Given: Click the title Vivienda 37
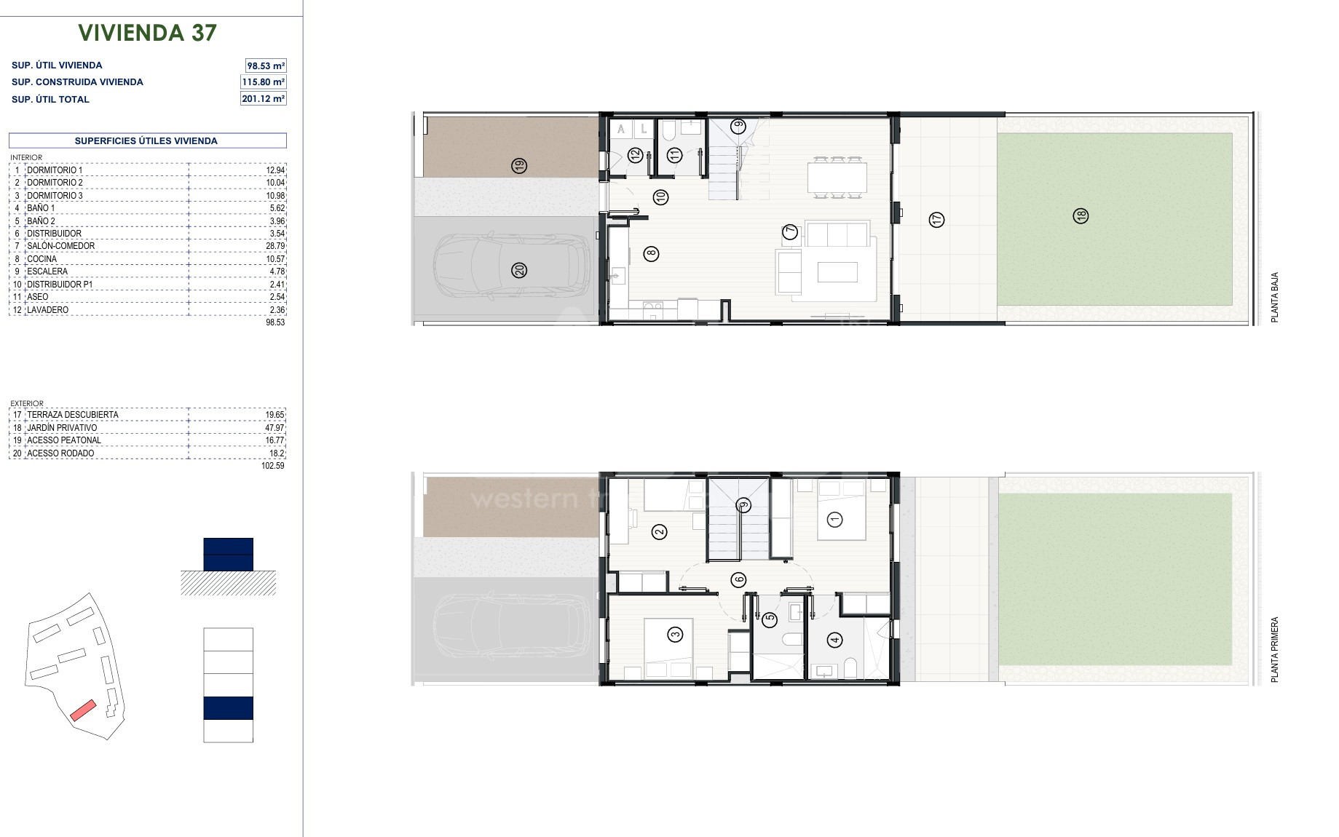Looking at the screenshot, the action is pos(148,33).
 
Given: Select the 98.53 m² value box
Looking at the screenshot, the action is pos(266,66).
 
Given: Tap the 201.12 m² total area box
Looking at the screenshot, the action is pos(264,98).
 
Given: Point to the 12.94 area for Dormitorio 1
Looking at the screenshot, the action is pos(275,170).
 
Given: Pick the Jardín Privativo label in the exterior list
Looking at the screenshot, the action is pos(62,428).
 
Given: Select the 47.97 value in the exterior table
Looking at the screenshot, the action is pos(275,428).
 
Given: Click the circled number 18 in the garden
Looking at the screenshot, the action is pos(1081,215).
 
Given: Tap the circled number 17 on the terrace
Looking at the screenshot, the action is pos(937,218).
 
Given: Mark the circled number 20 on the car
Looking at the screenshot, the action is pos(519,270).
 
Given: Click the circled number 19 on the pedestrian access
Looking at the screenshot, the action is pos(519,165).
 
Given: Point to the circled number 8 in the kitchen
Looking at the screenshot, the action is pos(651,253).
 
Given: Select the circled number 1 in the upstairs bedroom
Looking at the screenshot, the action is pos(834,519).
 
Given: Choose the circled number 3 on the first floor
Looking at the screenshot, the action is pos(675,635).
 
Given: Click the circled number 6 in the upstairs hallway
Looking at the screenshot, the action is pos(738,580).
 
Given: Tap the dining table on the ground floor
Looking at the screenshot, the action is pos(837,178).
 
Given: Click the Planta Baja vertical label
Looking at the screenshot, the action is pos(1274,298).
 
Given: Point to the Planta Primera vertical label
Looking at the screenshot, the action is pos(1274,650).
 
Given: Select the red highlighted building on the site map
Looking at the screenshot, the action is pos(83,710).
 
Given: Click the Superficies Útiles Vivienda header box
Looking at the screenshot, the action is pos(147,140).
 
